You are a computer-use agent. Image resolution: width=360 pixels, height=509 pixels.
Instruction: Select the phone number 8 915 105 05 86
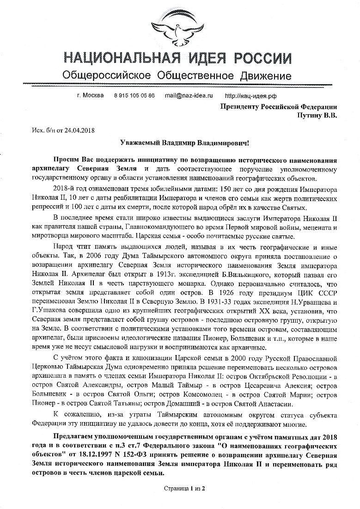click(134, 95)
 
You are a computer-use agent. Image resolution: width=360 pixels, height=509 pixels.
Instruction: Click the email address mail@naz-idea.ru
click(189, 95)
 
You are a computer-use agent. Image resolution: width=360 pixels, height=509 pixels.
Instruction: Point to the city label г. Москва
click(90, 95)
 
